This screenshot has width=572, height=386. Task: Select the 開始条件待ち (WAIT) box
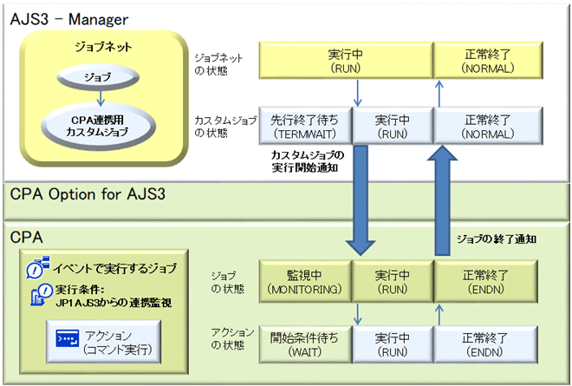pyautogui.click(x=304, y=343)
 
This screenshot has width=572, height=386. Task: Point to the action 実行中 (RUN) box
pyautogui.click(x=392, y=343)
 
